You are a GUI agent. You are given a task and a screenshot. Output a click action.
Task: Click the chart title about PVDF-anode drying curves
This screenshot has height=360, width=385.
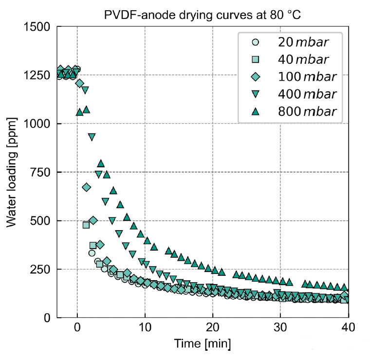pyautogui.click(x=203, y=15)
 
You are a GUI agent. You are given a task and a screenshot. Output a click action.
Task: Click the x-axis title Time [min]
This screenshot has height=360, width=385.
pyautogui.click(x=202, y=344)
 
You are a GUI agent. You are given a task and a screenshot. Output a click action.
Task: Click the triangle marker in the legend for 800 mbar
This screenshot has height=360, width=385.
pyautogui.click(x=256, y=111)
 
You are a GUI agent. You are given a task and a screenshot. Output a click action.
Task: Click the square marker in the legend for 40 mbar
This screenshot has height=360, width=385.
pyautogui.click(x=256, y=60)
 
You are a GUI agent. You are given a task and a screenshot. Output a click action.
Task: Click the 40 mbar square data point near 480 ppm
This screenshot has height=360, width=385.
pyautogui.click(x=86, y=225)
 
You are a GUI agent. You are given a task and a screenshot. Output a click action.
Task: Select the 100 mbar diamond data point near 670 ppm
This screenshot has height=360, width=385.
pyautogui.click(x=87, y=187)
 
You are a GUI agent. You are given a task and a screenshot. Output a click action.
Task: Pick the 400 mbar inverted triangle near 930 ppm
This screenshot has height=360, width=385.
pyautogui.click(x=92, y=137)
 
